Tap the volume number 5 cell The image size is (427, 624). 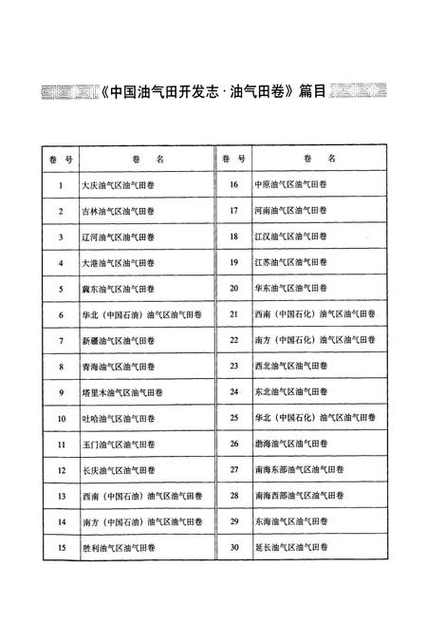point(61,288)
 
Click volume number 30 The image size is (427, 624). point(234,547)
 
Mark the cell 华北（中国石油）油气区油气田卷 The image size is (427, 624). point(139,314)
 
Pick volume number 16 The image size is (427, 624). point(234,185)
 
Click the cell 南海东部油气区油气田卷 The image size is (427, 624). point(295,469)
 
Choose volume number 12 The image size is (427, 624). point(61,469)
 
